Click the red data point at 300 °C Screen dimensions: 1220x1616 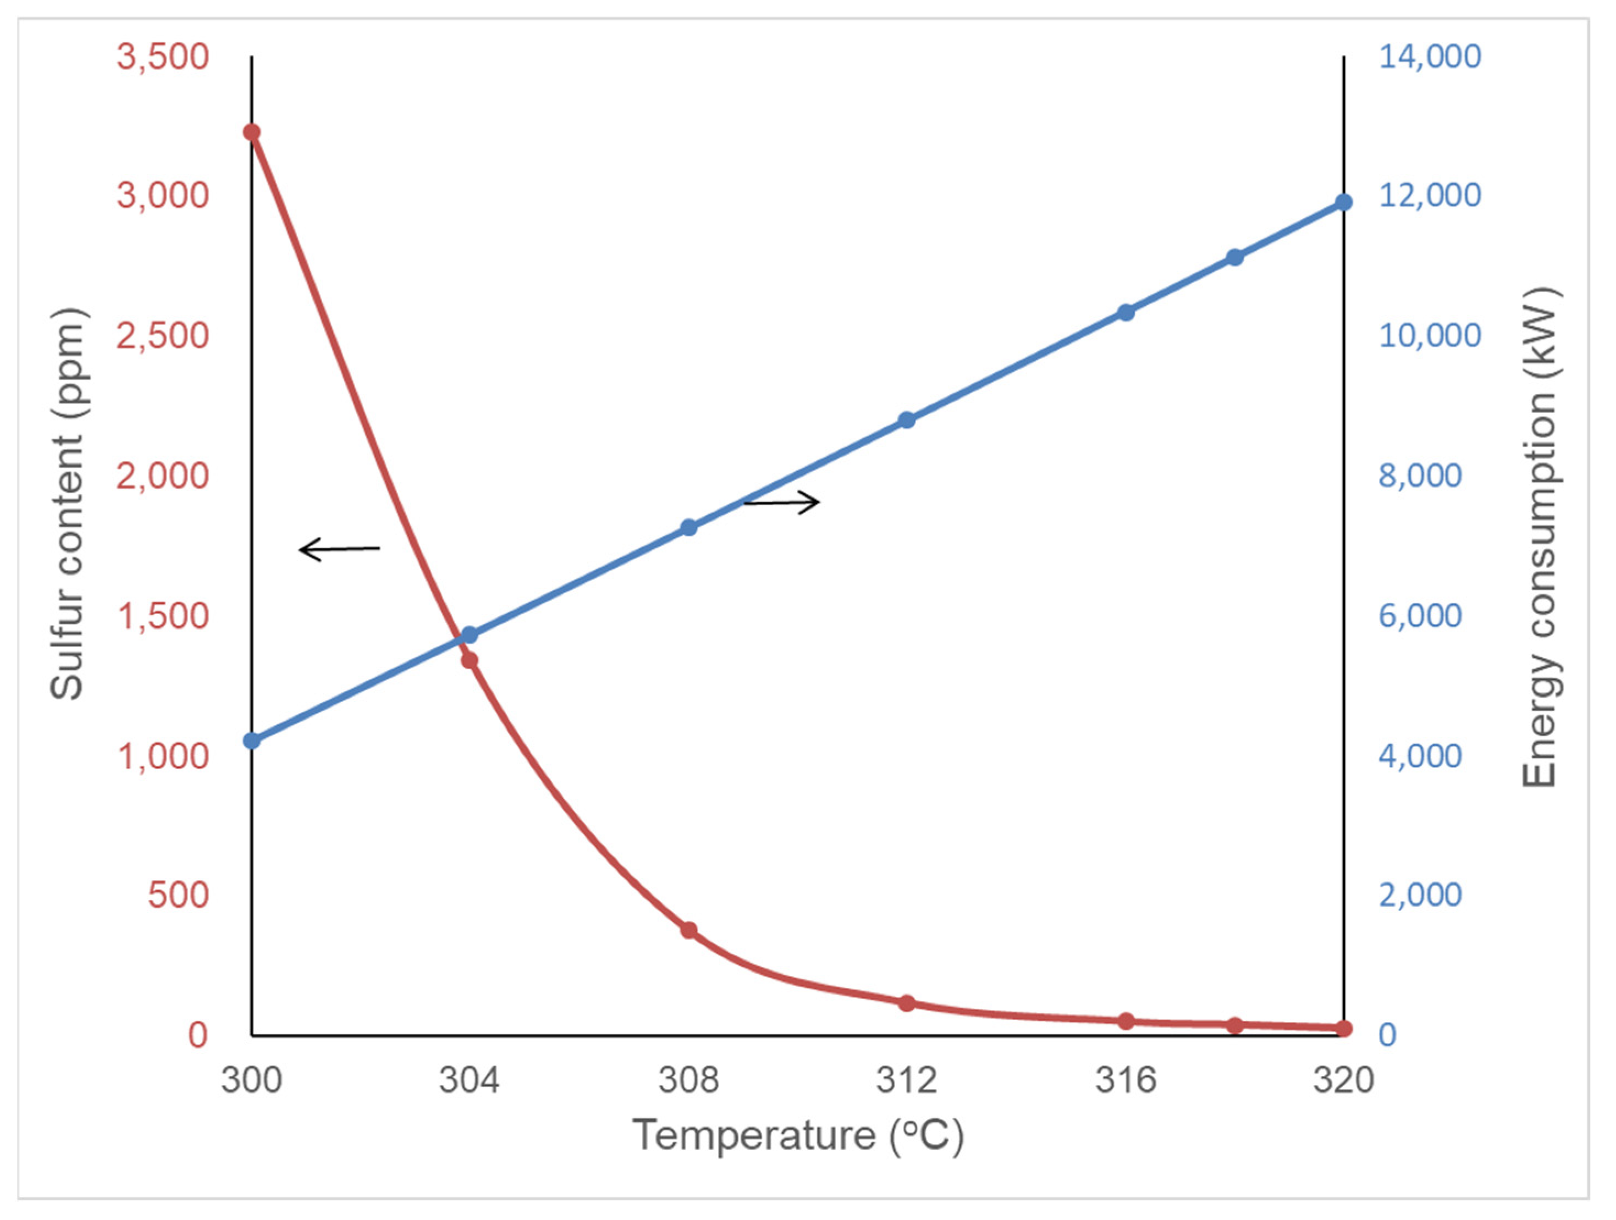[x=251, y=133]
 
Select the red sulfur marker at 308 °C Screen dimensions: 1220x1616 [x=689, y=930]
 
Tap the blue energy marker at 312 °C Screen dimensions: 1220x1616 [x=907, y=420]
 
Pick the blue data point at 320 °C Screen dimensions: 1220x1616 [x=1343, y=202]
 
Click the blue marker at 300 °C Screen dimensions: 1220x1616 [x=251, y=741]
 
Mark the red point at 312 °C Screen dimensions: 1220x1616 [x=907, y=1003]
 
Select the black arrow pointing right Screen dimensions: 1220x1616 [x=782, y=502]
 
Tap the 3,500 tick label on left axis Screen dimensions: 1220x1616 [x=163, y=57]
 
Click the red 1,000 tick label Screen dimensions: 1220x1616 [x=163, y=756]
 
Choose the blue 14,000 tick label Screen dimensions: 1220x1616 [x=1430, y=57]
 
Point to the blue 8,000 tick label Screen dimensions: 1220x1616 [x=1420, y=476]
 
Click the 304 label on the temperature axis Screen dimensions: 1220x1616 [x=469, y=1080]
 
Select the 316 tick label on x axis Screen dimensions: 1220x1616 [x=1126, y=1080]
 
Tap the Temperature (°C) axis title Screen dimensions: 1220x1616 [x=798, y=1135]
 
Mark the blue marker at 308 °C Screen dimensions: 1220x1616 [x=689, y=527]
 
